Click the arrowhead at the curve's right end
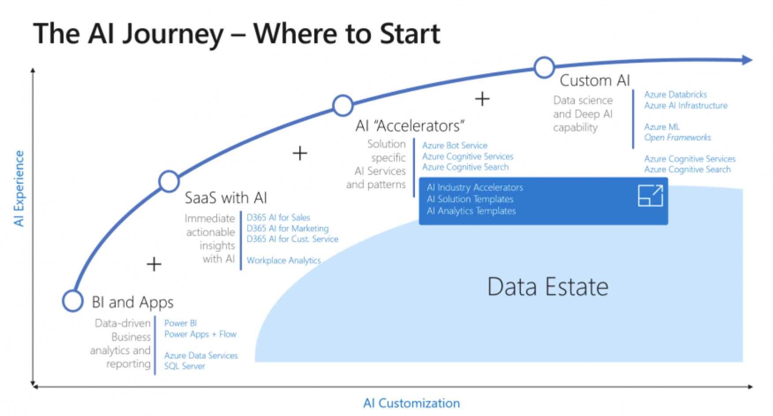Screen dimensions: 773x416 [x=747, y=60]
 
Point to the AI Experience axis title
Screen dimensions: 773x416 [x=19, y=188]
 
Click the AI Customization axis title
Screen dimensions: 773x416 [x=411, y=403]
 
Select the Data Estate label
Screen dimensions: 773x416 [x=548, y=287]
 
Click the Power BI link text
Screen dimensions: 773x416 [x=180, y=323]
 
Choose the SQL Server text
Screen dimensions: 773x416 [x=184, y=366]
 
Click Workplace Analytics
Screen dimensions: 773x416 [x=284, y=261]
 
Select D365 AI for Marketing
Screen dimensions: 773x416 [x=287, y=228]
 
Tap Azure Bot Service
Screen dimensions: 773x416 [x=454, y=145]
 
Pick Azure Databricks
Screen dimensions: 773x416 [x=675, y=95]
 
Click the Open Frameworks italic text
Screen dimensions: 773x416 [x=677, y=137]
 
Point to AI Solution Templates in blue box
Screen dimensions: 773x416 [x=470, y=199]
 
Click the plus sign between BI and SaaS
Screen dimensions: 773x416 [x=154, y=265]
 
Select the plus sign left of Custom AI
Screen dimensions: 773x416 [x=482, y=98]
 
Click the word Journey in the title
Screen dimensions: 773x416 [x=173, y=34]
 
